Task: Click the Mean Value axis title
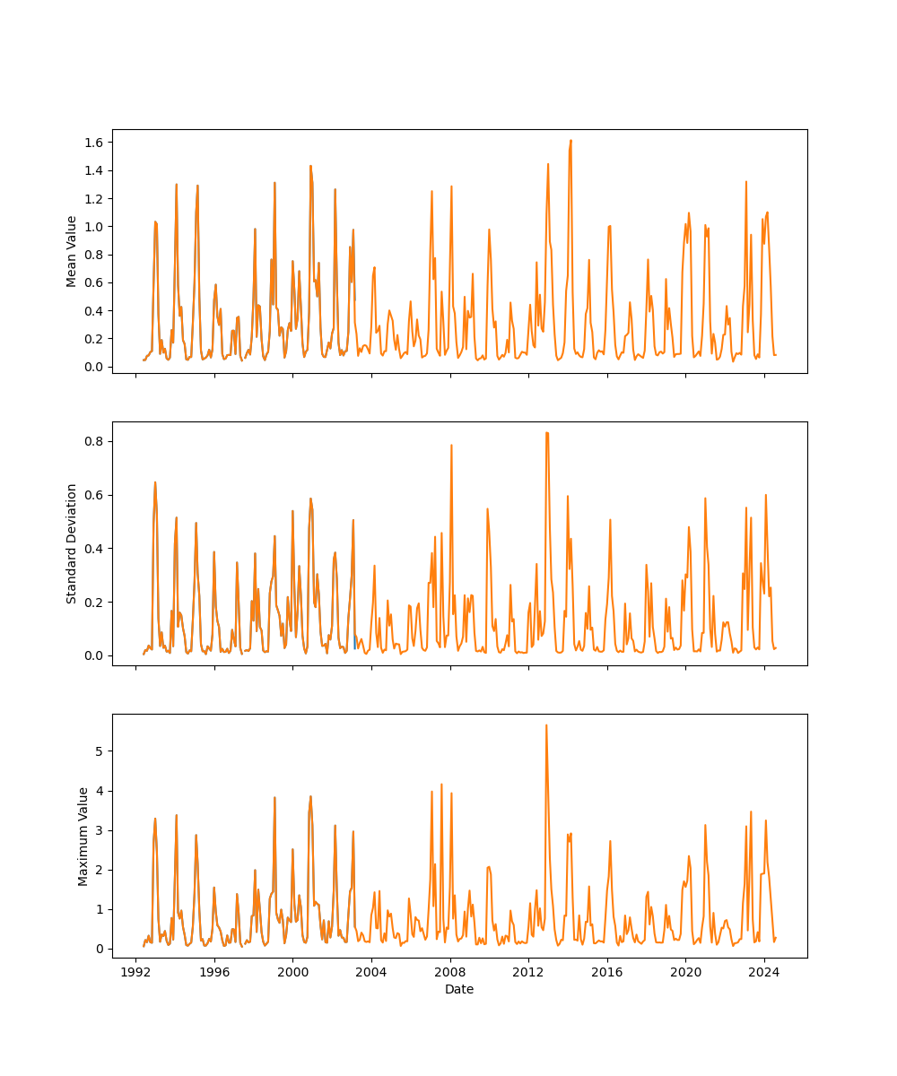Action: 72,251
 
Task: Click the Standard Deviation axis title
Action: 72,543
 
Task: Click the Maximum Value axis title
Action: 83,836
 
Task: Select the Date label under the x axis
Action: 459,990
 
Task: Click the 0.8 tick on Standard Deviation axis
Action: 96,441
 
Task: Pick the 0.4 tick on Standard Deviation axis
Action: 96,549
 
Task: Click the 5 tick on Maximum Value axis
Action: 101,751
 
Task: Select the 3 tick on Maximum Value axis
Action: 101,830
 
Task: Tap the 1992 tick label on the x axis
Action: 136,972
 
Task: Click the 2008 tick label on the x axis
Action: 450,972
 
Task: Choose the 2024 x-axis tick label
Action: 764,972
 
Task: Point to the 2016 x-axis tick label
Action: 607,972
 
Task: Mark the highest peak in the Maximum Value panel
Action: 546,725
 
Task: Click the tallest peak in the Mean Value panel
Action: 570,141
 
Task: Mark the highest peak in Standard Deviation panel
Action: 546,433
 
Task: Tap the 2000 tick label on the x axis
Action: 293,972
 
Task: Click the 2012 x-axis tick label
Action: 528,972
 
